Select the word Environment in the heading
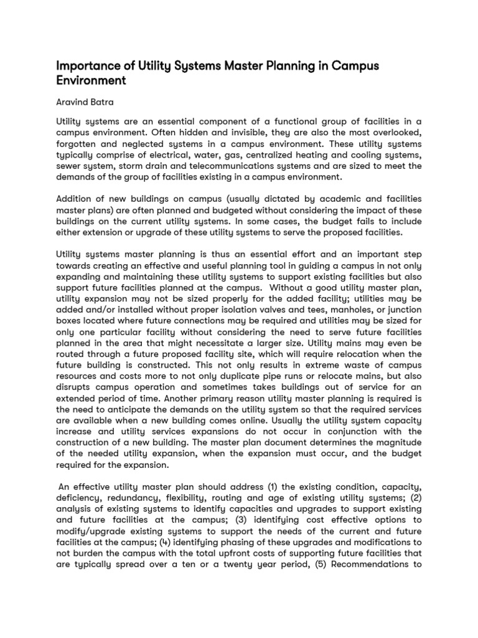click(91, 81)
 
